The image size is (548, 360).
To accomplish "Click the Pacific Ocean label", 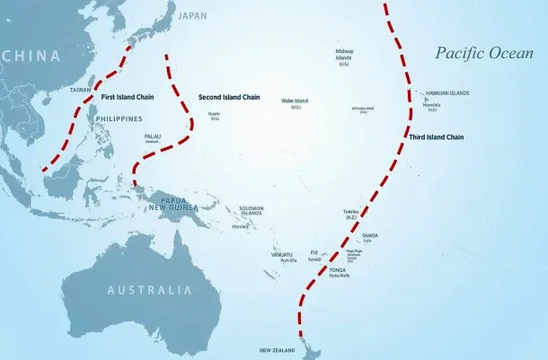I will pos(484,53).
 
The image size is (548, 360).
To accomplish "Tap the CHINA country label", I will pos(31,56).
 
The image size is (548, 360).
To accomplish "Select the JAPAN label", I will pos(192,16).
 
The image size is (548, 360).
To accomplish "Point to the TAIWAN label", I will pos(80,90).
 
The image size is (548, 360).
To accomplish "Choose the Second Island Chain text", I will pos(229,95).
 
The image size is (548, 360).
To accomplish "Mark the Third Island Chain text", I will pos(436,137).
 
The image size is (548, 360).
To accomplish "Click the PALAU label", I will pos(152,136).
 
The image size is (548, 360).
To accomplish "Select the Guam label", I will pos(214,115).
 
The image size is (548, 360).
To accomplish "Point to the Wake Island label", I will pos(295,101).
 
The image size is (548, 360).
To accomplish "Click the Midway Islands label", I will pos(344,55).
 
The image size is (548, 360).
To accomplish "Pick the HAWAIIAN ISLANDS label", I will pos(446,93).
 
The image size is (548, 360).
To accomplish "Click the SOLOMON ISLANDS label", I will pos(251,211).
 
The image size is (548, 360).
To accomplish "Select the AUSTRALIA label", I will pos(150,290).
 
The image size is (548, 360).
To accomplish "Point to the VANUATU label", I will pos(282,254).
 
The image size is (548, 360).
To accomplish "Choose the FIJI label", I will pos(314,252).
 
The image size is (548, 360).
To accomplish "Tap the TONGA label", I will pos(337,269).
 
